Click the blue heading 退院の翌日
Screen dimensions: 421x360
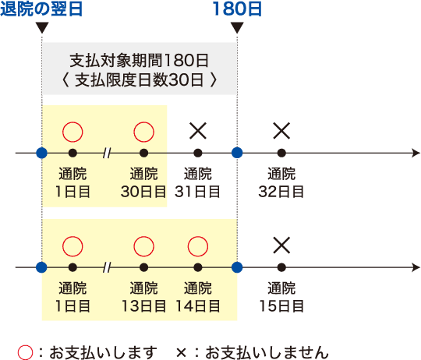coord(41,9)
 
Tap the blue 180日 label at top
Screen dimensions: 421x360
coord(237,9)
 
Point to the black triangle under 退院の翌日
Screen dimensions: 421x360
coord(42,27)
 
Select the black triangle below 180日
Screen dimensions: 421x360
coord(237,27)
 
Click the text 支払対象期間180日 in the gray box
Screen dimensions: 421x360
coord(140,60)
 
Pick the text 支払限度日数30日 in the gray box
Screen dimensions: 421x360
coord(139,79)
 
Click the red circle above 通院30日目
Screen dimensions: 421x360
coord(144,132)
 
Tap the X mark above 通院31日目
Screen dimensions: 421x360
coord(198,131)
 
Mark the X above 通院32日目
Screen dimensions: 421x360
coord(281,131)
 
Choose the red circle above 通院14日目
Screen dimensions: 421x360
coord(198,246)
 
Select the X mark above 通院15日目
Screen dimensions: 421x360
coord(281,245)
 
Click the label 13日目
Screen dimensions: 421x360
coord(144,305)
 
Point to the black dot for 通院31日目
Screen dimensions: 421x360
coord(198,154)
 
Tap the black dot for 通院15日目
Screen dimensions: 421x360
coord(281,267)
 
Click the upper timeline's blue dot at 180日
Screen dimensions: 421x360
coord(237,154)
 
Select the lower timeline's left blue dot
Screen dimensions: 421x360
coord(41,267)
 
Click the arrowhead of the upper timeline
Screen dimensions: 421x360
coord(416,154)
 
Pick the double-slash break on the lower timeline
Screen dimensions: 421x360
coord(107,267)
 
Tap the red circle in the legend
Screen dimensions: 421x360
coord(26,352)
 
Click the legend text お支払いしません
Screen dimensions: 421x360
coord(267,352)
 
